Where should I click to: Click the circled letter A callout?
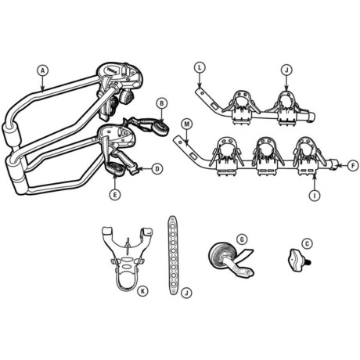pyautogui.click(x=43, y=70)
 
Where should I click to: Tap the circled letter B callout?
pyautogui.click(x=161, y=103)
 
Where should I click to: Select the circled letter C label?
pyautogui.click(x=307, y=243)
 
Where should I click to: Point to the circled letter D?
pyautogui.click(x=157, y=169)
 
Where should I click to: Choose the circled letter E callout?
pyautogui.click(x=115, y=194)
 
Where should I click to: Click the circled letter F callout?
pyautogui.click(x=353, y=166)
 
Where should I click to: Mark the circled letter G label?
pyautogui.click(x=242, y=239)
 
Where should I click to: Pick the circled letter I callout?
pyautogui.click(x=315, y=195)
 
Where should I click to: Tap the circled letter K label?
pyautogui.click(x=142, y=290)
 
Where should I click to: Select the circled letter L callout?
pyautogui.click(x=200, y=67)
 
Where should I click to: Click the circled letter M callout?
pyautogui.click(x=187, y=124)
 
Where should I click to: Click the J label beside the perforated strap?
pyautogui.click(x=186, y=293)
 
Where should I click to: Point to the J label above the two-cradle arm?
pyautogui.click(x=286, y=70)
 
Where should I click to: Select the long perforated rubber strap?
pyautogui.click(x=173, y=255)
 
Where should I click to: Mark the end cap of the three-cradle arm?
pyautogui.click(x=334, y=164)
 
